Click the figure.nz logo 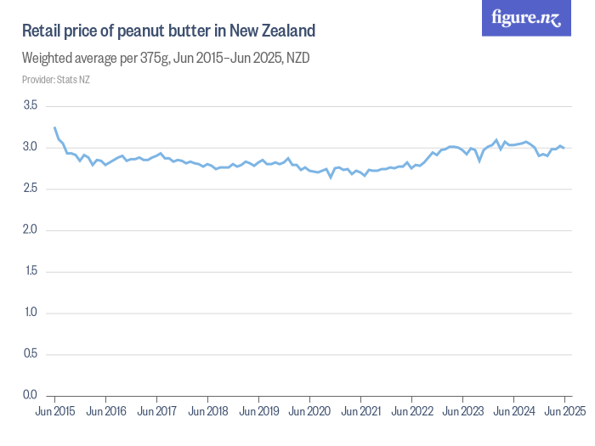click(x=527, y=18)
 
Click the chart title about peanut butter click(x=168, y=31)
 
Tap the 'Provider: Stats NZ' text click(x=56, y=80)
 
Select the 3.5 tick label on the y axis click(x=31, y=105)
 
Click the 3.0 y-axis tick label click(x=31, y=147)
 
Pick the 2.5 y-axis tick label click(x=31, y=189)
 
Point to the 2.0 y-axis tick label click(x=31, y=230)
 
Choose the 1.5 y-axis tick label click(x=31, y=271)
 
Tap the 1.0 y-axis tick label click(x=31, y=313)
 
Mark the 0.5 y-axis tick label click(x=31, y=354)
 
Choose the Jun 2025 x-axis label click(x=564, y=411)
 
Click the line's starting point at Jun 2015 click(x=54, y=127)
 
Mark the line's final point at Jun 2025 click(x=564, y=148)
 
